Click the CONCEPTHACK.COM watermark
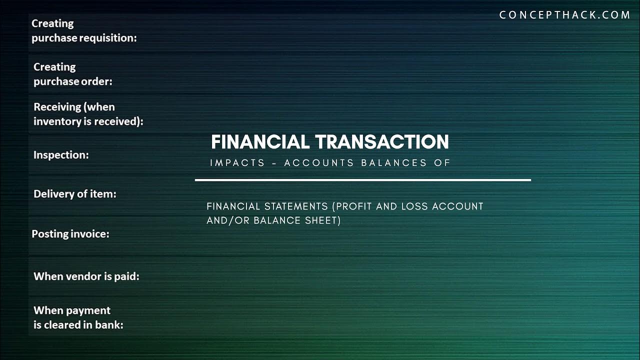pos(564,15)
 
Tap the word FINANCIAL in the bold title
pos(260,142)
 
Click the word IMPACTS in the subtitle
pos(237,163)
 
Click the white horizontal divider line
pos(362,179)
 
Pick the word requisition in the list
pos(108,38)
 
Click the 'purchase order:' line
pos(73,81)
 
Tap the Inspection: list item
pos(61,155)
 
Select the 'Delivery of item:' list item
pos(74,194)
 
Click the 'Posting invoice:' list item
pos(70,233)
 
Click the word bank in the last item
pos(110,324)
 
